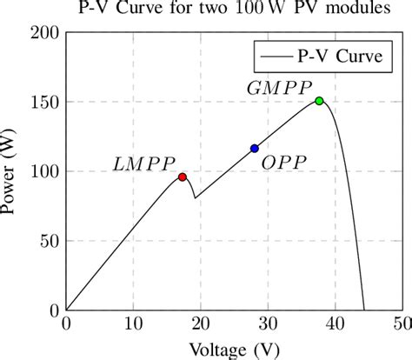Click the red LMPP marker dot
[x=183, y=177]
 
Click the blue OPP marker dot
[x=254, y=149]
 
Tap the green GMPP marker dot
[x=319, y=101]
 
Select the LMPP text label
[x=144, y=163]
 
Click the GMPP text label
[x=275, y=88]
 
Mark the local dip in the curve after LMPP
[x=195, y=198]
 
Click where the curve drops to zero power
[x=363, y=310]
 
